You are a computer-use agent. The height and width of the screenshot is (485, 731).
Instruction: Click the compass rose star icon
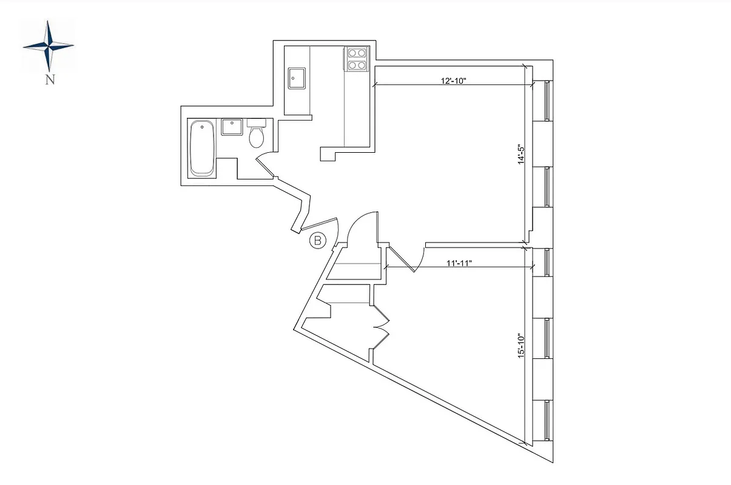click(x=49, y=45)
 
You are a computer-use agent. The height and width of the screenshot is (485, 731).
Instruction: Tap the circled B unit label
click(x=317, y=241)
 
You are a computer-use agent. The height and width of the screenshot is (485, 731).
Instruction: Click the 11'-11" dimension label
click(x=457, y=263)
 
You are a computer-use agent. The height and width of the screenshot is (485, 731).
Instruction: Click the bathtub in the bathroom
click(x=202, y=149)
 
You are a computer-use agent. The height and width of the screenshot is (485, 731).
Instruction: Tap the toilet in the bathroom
click(x=257, y=135)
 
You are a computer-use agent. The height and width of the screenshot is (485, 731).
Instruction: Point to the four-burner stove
click(x=356, y=59)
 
